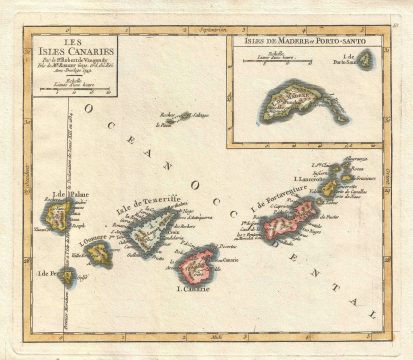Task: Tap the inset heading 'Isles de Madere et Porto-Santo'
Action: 294,42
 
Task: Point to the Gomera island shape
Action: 98,254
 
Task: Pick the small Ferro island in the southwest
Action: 68,276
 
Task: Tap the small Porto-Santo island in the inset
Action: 366,60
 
